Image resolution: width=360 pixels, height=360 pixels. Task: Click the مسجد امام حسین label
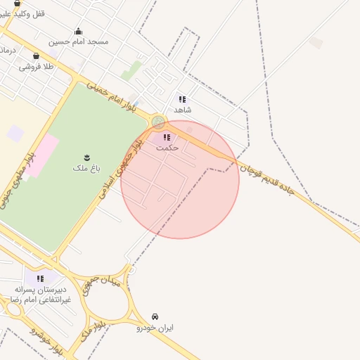click(x=78, y=41)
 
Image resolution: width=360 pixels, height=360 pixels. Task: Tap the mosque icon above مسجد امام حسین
click(x=78, y=31)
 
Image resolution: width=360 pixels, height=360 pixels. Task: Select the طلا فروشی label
click(x=36, y=67)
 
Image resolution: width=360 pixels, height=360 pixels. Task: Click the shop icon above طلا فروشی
click(x=36, y=56)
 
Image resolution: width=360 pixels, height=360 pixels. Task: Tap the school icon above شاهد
click(x=182, y=99)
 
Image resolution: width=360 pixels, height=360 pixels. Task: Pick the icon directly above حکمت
click(x=167, y=137)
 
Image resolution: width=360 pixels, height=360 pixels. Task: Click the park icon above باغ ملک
click(x=86, y=156)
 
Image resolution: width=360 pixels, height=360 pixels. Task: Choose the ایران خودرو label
click(x=155, y=328)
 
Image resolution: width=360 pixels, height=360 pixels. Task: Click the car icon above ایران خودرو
click(x=155, y=316)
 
